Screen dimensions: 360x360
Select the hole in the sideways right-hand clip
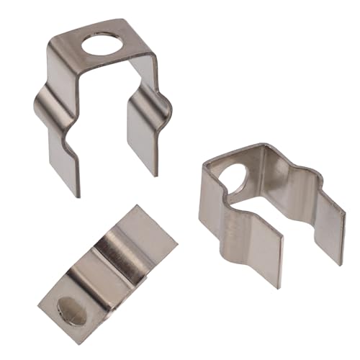(231, 176)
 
